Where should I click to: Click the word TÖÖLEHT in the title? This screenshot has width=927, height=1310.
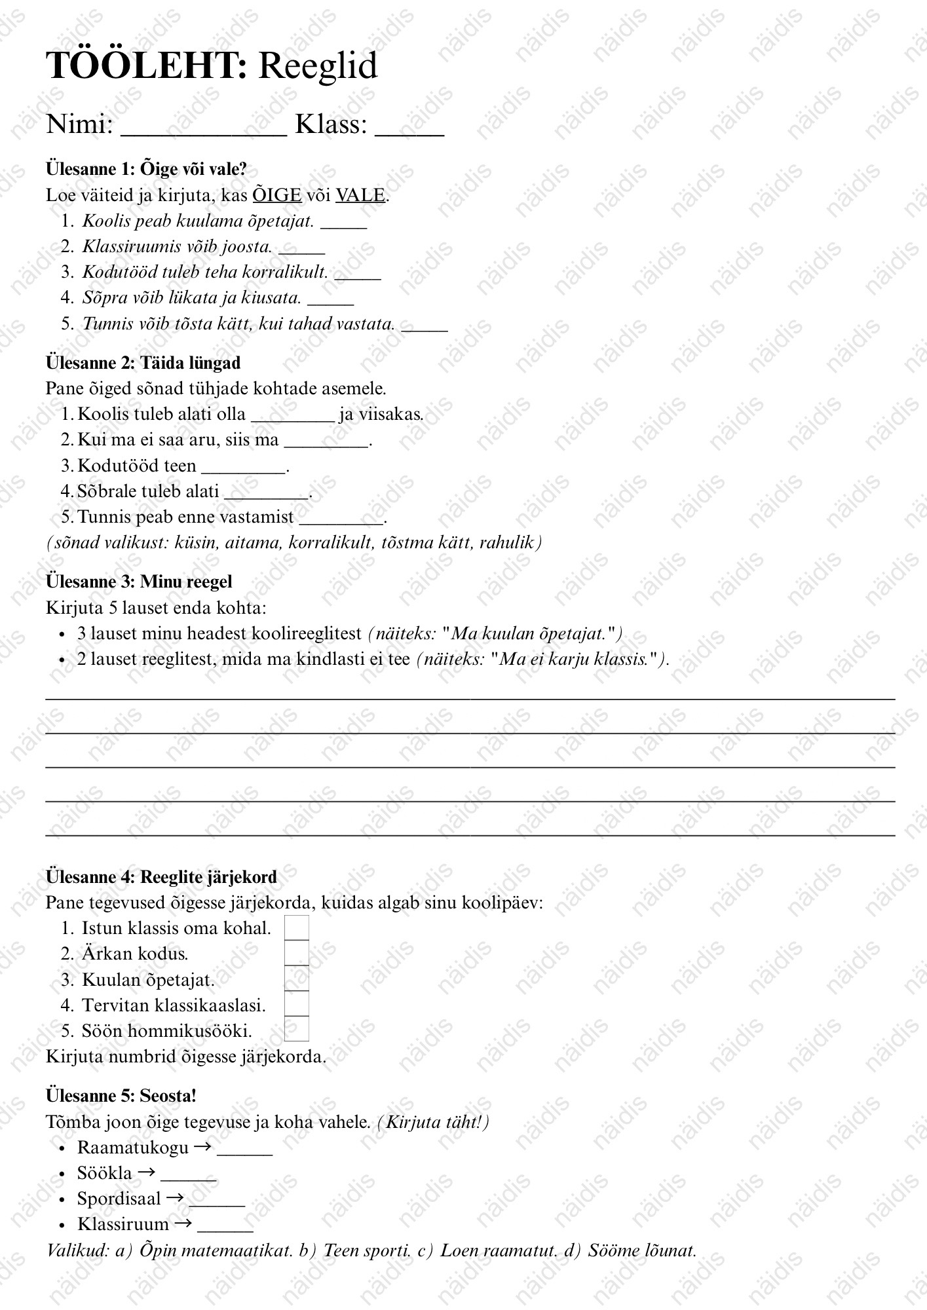coord(146,65)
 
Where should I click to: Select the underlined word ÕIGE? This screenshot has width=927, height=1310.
coord(277,195)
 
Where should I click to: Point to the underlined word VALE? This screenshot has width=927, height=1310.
coord(360,195)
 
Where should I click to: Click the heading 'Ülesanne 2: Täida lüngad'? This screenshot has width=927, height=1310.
coord(143,363)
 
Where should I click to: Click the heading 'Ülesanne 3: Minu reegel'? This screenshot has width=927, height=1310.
coord(139,582)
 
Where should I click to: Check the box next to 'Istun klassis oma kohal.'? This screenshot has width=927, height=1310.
coord(297,927)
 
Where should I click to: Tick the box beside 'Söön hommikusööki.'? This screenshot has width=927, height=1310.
coord(297,1030)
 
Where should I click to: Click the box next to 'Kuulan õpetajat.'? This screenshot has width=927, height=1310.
coord(297,979)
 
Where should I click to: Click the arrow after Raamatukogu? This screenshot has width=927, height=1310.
coord(203,1147)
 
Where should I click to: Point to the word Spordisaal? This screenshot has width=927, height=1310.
coord(119,1199)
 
